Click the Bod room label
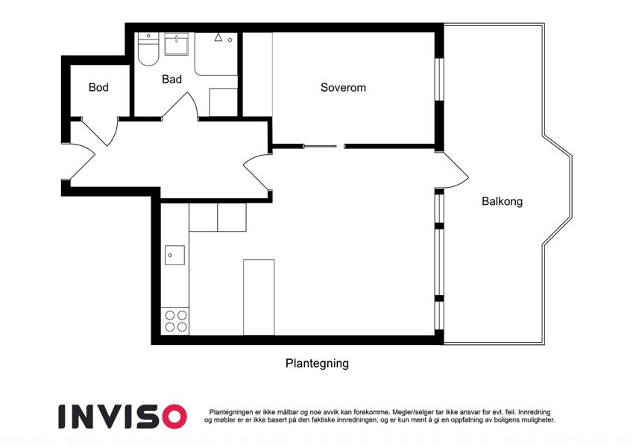(98, 87)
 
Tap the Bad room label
(171, 79)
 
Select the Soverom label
(343, 88)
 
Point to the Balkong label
(503, 201)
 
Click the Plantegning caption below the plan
(317, 364)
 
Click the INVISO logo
(123, 416)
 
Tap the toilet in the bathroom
(148, 49)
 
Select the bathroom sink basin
(177, 44)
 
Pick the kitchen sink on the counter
(174, 256)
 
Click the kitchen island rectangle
(259, 297)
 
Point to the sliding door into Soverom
(320, 147)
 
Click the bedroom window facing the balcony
(439, 79)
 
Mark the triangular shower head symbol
(218, 37)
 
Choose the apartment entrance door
(82, 162)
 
